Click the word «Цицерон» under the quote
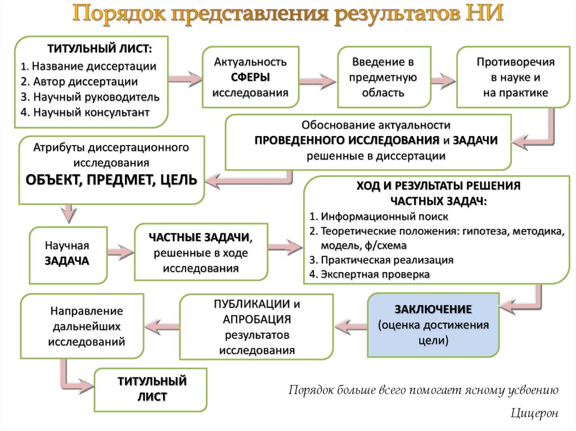(x=535, y=413)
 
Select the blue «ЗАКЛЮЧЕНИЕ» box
(x=433, y=325)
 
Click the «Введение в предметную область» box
(x=383, y=77)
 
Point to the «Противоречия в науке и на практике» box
(x=515, y=77)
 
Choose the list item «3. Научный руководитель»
(x=90, y=97)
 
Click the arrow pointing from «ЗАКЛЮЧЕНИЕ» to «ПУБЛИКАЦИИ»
(x=350, y=325)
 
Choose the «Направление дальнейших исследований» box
(x=87, y=325)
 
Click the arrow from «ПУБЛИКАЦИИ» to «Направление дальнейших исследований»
(x=162, y=325)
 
